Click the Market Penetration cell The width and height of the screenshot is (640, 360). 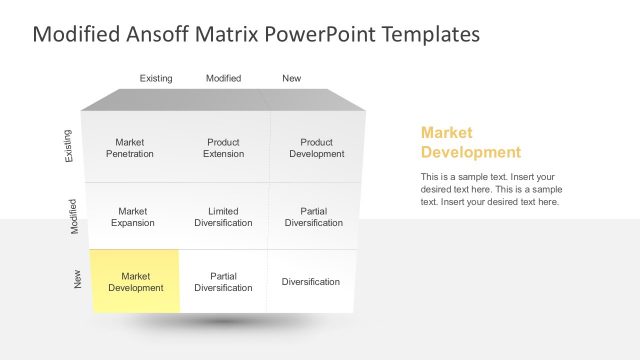pyautogui.click(x=130, y=148)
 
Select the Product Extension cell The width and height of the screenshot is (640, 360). pyautogui.click(x=223, y=148)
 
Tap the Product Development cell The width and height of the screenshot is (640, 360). pyautogui.click(x=317, y=148)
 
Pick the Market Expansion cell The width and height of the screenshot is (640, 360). pyautogui.click(x=133, y=217)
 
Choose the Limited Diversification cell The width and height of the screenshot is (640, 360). pyautogui.click(x=223, y=217)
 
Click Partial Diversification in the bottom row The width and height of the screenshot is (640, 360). pyautogui.click(x=223, y=282)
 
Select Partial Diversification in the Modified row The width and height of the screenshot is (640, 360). pyautogui.click(x=313, y=217)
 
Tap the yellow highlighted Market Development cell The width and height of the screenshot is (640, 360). pyautogui.click(x=135, y=282)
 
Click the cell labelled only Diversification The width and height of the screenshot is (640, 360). pyautogui.click(x=310, y=282)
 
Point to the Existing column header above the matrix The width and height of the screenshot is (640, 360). pyautogui.click(x=156, y=78)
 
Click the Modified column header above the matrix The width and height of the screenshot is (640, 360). pyautogui.click(x=223, y=78)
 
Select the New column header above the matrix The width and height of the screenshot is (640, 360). pyautogui.click(x=291, y=78)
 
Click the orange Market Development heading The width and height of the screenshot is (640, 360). pyautogui.click(x=470, y=142)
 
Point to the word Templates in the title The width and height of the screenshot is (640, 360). pyautogui.click(x=433, y=34)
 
